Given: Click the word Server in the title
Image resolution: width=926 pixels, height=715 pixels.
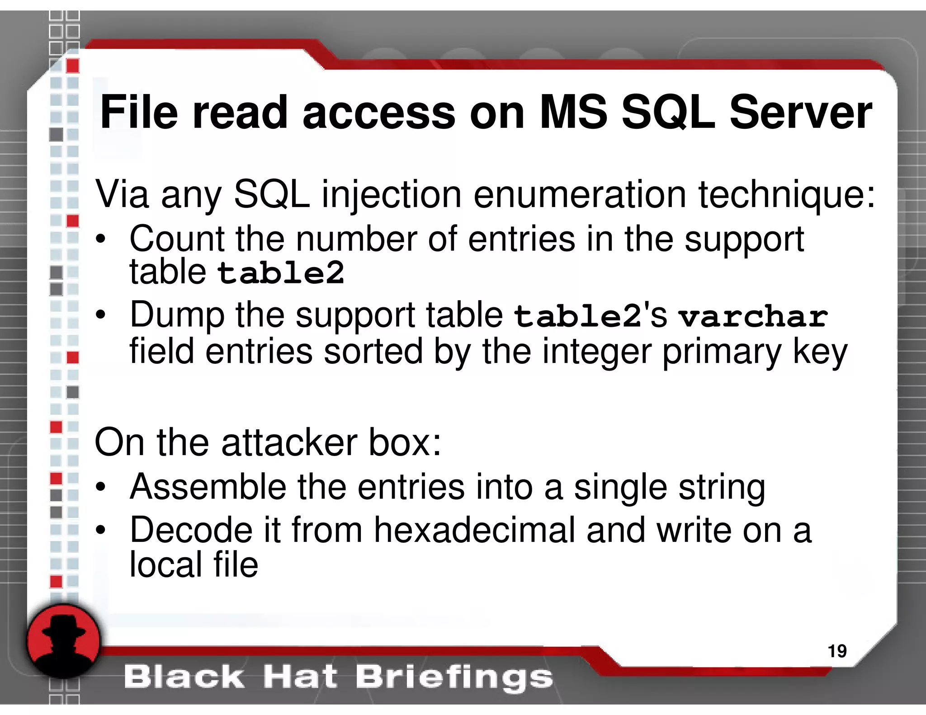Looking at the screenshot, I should pos(800,113).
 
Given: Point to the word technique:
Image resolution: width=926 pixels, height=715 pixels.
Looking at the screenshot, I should pos(787,195).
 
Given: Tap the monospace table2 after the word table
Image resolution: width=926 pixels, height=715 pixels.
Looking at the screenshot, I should pos(281,273).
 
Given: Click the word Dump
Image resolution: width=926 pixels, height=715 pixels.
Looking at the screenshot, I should pos(177,315).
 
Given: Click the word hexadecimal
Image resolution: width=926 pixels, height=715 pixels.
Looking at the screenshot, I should pos(474,531).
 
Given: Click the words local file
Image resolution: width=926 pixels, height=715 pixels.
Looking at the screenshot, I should pos(194,565).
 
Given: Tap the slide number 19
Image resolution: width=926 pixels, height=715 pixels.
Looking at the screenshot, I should pos(837,651).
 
